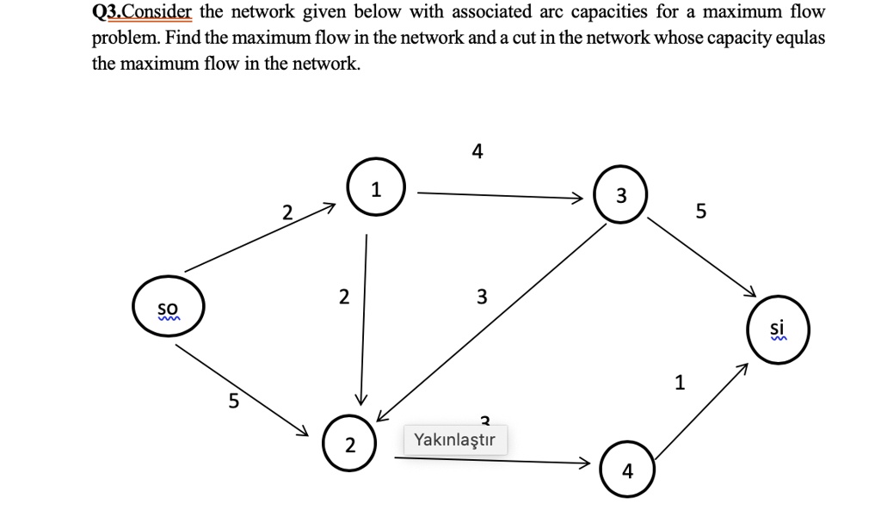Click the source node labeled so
168,308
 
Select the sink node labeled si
778,329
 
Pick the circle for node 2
349,445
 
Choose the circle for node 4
627,470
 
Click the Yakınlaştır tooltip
454,440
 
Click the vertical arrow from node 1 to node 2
364,318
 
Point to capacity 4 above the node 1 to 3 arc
477,152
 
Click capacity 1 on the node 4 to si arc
680,381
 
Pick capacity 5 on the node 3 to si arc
700,211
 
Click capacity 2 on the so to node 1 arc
287,212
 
